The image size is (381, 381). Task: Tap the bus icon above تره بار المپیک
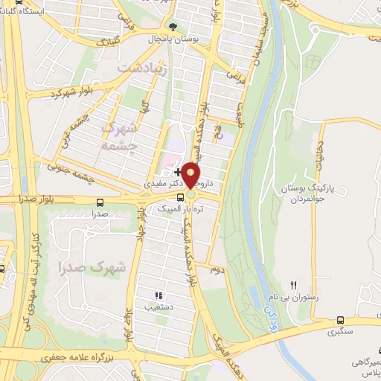click(180, 198)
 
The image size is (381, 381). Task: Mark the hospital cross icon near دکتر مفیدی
click(176, 171)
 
